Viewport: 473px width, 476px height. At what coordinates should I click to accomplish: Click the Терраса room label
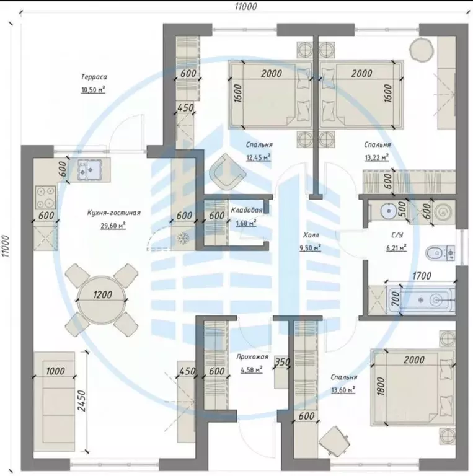(x=94, y=77)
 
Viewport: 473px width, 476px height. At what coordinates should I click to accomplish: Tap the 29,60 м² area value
(x=113, y=226)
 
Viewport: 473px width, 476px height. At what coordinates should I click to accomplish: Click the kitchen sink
(x=90, y=169)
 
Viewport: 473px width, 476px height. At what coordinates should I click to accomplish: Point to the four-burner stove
(x=45, y=197)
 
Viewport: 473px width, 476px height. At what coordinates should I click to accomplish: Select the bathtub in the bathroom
(x=421, y=300)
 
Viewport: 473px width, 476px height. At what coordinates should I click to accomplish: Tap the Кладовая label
(x=247, y=210)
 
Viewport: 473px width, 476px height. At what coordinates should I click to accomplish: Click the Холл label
(x=311, y=235)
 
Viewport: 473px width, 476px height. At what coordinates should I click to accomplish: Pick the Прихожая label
(x=252, y=357)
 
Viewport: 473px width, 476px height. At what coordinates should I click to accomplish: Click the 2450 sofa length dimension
(x=82, y=400)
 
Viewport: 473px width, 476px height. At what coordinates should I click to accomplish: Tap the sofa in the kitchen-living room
(x=54, y=402)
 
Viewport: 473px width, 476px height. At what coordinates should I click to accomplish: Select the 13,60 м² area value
(x=343, y=389)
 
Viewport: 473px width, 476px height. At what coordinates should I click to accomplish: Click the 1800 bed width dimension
(x=381, y=386)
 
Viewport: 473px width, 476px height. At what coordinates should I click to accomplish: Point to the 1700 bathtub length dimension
(x=422, y=276)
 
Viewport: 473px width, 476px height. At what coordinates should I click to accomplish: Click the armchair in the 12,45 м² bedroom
(x=228, y=172)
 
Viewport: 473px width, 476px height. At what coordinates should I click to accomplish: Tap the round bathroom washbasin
(x=387, y=209)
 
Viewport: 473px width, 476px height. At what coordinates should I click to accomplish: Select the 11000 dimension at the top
(x=245, y=6)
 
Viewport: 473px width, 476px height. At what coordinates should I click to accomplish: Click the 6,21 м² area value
(x=396, y=248)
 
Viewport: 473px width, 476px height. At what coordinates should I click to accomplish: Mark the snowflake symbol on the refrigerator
(x=182, y=238)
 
